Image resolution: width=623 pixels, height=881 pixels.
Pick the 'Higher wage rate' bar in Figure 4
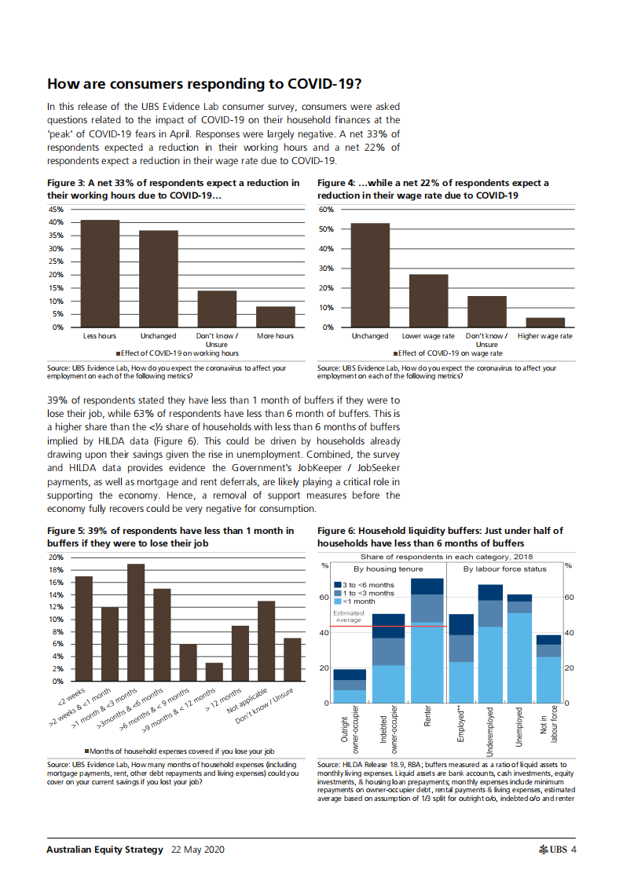tap(545, 322)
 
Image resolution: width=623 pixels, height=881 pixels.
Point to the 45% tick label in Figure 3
tap(57, 210)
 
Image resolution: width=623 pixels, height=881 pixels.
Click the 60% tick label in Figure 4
tap(327, 210)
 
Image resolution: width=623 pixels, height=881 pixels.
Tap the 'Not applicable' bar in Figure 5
tap(267, 641)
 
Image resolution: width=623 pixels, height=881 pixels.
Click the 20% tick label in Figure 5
tap(57, 557)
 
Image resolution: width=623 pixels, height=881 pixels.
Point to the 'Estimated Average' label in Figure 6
tap(348, 616)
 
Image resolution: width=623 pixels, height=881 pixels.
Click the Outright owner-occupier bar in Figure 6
tap(350, 686)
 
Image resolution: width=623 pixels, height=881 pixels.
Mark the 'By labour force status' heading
tap(504, 568)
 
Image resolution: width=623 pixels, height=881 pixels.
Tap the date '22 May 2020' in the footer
tap(197, 850)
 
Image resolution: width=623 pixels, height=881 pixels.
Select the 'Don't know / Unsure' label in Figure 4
tap(487, 339)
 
